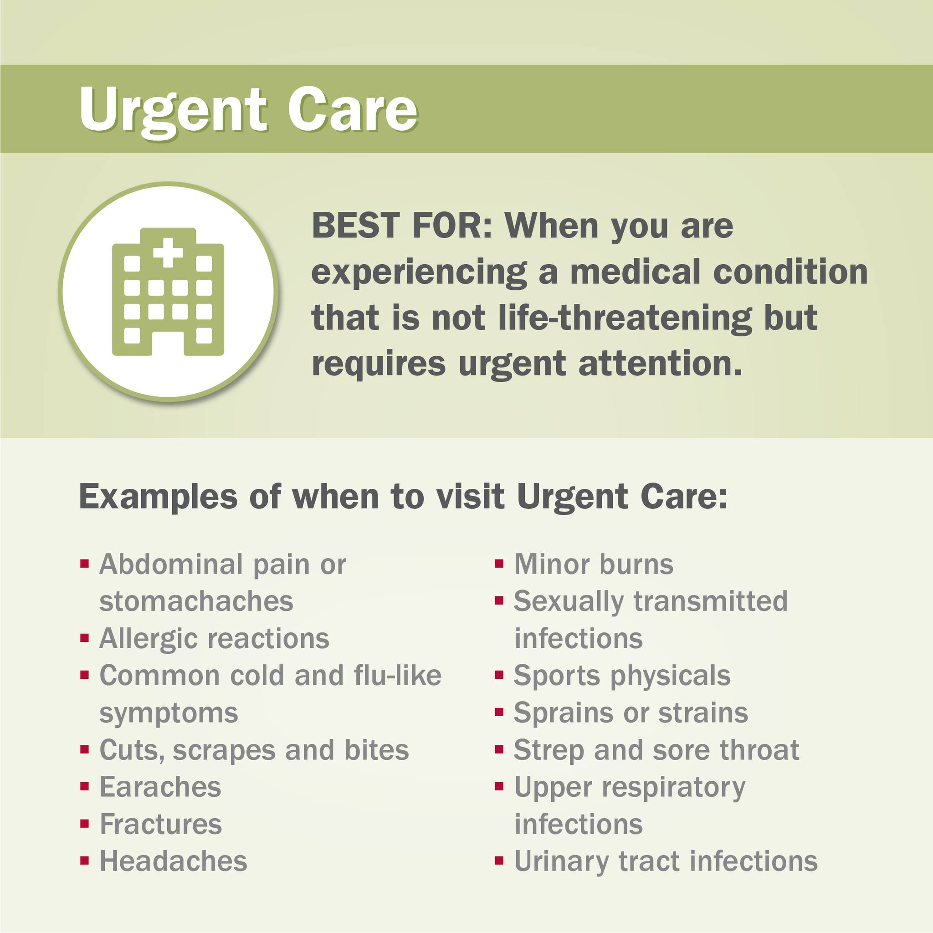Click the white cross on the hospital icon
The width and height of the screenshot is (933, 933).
click(x=168, y=252)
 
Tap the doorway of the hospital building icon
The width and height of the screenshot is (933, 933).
click(x=168, y=343)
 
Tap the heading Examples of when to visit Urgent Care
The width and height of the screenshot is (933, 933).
click(x=403, y=497)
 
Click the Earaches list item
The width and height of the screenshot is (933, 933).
click(x=160, y=787)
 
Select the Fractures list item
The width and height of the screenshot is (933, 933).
click(x=160, y=824)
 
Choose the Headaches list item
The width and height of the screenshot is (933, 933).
click(x=173, y=861)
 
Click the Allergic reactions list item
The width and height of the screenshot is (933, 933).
click(x=214, y=639)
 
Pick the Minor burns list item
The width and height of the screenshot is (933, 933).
click(x=594, y=564)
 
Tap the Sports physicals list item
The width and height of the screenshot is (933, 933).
click(x=622, y=676)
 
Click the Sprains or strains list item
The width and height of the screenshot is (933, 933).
click(x=631, y=713)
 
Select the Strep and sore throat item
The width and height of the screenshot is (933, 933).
click(x=657, y=750)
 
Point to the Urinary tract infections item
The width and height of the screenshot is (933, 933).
click(x=666, y=861)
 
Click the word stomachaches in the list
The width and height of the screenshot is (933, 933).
click(x=196, y=601)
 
